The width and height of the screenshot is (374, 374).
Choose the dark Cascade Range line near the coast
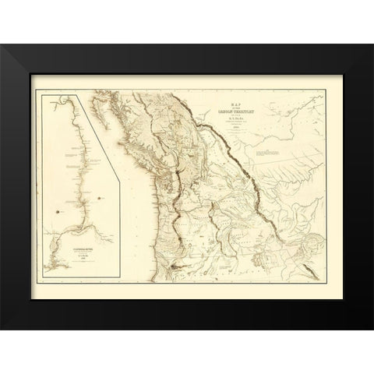tap(179, 195)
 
